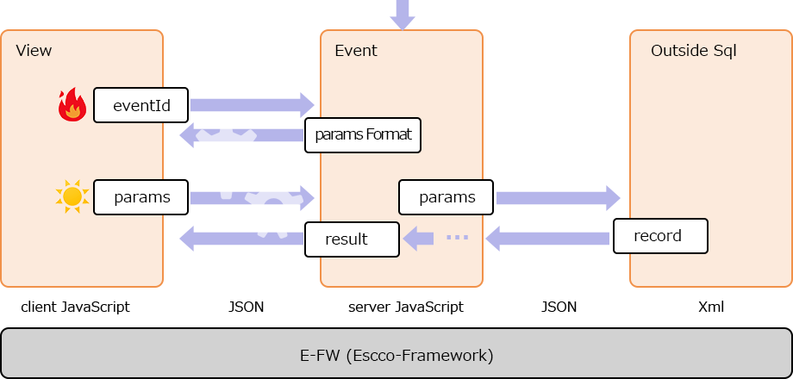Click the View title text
pos(34,51)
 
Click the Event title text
pos(355,51)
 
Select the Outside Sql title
pos(693,51)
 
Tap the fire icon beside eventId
pos(72,105)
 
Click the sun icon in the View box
pos(72,197)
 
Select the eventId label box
pos(141,106)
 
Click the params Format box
pos(363,135)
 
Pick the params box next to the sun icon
pos(141,197)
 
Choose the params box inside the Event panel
pos(446,197)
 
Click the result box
pos(352,239)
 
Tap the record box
pos(660,236)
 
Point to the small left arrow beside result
pos(419,239)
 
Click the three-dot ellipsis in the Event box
pos(457,237)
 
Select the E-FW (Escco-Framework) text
pos(396,355)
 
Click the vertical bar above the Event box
pos(402,15)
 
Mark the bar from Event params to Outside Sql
pos(558,198)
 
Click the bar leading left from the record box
pos(548,239)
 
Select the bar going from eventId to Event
pos(252,105)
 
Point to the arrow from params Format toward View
pos(241,135)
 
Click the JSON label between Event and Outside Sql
pos(559,307)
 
